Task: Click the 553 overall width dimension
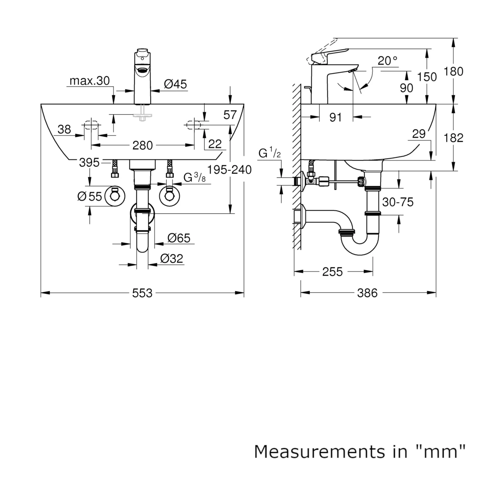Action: point(142,293)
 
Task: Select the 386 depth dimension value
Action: point(367,293)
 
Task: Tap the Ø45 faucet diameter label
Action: point(175,84)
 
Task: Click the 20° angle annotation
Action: point(387,61)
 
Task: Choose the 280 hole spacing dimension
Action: point(142,146)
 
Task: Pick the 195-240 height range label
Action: point(229,170)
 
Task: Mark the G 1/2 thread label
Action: point(270,153)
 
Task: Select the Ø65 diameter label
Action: point(179,238)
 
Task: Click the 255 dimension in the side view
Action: point(332,272)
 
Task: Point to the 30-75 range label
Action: point(398,202)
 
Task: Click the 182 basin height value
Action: point(453,138)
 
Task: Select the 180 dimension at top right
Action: point(453,71)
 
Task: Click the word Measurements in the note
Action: point(320,452)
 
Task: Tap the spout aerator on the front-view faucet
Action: point(142,70)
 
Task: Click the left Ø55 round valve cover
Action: point(115,196)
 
